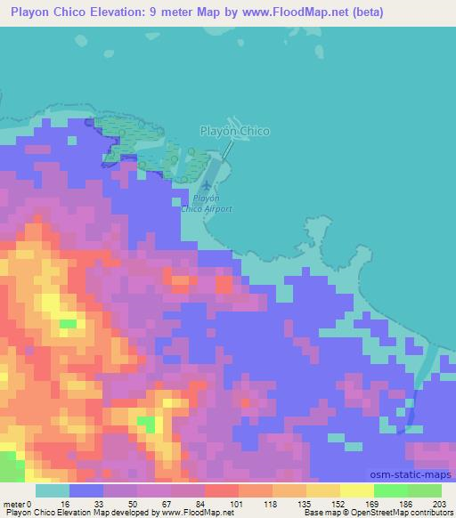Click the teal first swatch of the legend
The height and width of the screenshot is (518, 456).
tap(53, 490)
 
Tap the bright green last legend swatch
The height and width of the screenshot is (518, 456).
tap(425, 490)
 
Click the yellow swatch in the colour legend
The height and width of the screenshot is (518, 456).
tap(357, 490)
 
